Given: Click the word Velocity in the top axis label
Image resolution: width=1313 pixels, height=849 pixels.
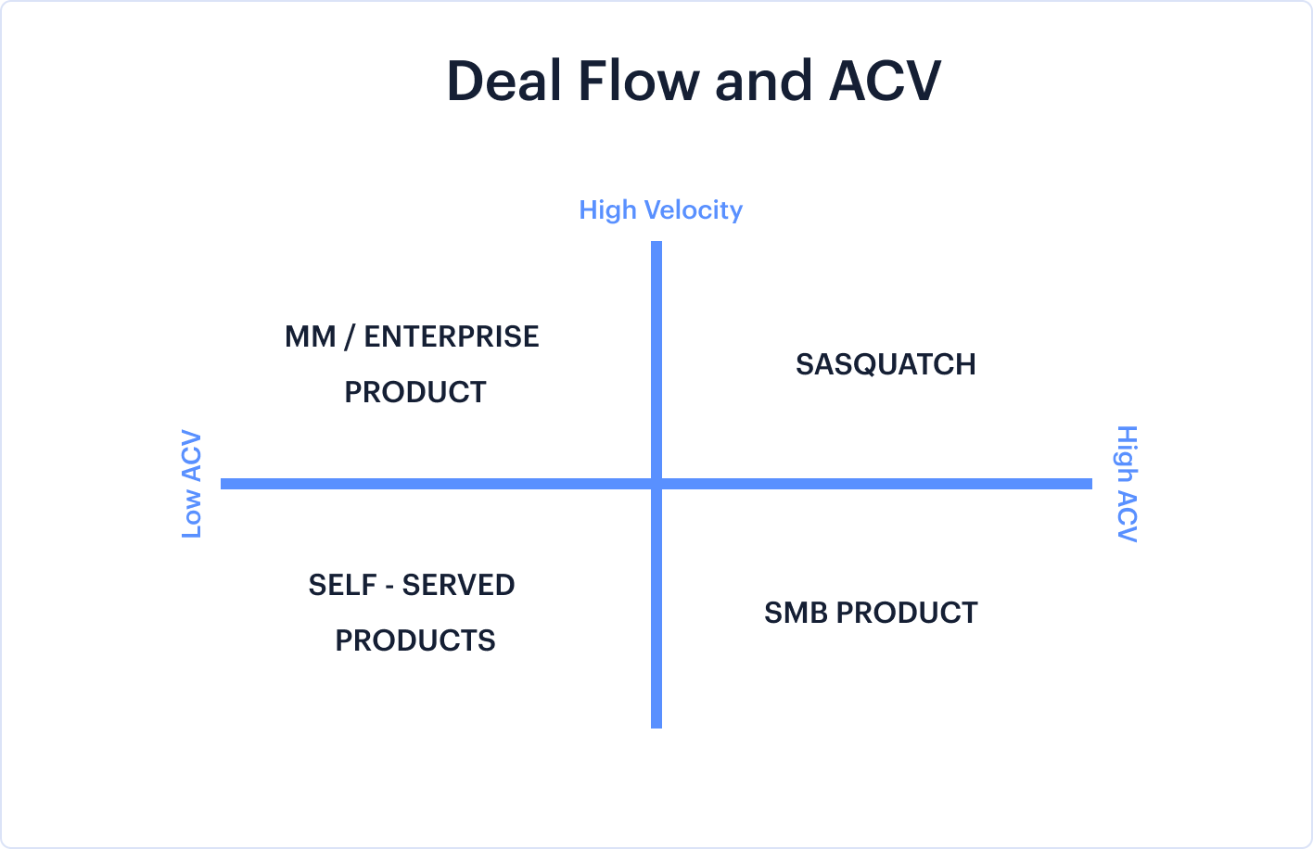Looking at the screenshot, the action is pos(694,209).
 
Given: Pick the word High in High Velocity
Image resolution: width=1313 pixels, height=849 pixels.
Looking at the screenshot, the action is pos(608,210).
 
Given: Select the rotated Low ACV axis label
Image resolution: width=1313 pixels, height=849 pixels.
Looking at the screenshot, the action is pos(192,484).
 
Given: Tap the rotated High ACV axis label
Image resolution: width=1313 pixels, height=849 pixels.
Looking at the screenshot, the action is pos(1127,484).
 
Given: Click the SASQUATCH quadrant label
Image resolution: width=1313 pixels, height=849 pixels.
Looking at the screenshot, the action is pos(886,364).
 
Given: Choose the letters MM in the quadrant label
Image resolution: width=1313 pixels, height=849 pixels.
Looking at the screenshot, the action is pos(311,336).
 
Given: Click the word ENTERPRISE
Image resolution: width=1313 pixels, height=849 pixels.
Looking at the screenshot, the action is pos(452,336).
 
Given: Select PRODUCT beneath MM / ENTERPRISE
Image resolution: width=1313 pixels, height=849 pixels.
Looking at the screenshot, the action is pos(415,392).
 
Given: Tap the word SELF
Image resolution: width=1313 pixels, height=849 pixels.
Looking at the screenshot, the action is pos(343,585).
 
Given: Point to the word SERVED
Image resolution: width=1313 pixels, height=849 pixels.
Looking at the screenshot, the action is pos(458,585).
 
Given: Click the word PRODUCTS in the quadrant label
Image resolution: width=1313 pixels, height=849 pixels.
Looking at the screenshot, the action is pos(415,640).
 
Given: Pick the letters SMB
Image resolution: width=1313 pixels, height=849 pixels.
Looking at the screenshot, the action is pos(796,613).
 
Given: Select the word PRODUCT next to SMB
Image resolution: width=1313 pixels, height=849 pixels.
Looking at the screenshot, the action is pos(907,613).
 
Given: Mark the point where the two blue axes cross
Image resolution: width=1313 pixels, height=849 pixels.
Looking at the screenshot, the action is pos(656,484).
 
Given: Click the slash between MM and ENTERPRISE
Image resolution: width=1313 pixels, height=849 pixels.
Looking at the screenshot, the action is pos(350,337).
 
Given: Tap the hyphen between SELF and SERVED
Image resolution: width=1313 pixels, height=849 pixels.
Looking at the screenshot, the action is pos(389,587).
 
